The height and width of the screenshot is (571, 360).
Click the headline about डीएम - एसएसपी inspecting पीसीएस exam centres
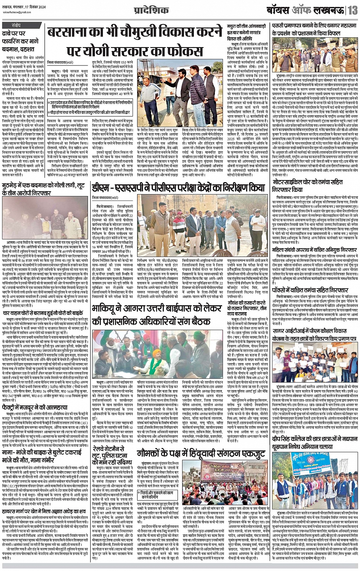[178, 188]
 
